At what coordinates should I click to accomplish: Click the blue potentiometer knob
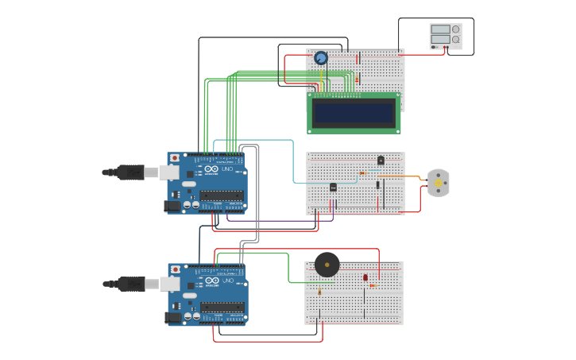(320, 57)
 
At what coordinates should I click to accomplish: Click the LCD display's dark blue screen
(354, 113)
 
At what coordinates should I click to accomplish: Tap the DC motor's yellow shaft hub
(438, 183)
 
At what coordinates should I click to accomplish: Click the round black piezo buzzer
(327, 264)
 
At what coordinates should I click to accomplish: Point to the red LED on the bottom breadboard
(365, 277)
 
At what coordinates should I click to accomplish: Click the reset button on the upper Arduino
(174, 159)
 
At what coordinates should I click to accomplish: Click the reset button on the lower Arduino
(175, 270)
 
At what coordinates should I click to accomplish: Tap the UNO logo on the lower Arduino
(226, 281)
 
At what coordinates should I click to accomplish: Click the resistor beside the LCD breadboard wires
(358, 79)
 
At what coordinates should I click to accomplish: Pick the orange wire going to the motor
(413, 176)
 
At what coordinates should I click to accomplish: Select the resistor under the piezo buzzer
(319, 292)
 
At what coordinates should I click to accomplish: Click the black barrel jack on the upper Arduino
(172, 206)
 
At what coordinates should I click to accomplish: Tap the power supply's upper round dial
(456, 29)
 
